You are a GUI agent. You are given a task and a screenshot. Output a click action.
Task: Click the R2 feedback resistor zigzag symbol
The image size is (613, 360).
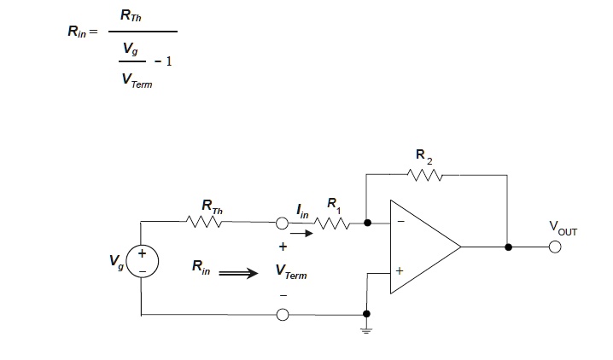[424, 175]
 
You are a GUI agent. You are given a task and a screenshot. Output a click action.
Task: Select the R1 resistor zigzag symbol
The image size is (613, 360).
[333, 224]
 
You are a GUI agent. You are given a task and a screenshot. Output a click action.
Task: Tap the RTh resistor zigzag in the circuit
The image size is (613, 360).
[205, 222]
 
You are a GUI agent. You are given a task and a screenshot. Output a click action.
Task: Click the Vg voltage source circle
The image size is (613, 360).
[142, 262]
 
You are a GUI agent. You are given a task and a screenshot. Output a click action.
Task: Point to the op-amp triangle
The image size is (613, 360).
[423, 247]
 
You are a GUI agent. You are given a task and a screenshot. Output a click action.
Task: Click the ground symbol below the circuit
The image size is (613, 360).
[367, 328]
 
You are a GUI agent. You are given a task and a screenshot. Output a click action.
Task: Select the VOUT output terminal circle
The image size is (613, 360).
[555, 247]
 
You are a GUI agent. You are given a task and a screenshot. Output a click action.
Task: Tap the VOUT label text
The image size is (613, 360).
[564, 229]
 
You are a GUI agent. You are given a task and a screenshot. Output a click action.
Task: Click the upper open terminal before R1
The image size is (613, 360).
[283, 224]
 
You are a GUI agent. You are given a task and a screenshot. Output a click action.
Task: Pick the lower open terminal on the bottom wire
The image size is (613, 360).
[283, 315]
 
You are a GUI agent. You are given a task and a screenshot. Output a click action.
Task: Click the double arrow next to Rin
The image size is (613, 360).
[238, 274]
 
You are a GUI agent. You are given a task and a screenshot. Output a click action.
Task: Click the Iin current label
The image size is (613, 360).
[301, 210]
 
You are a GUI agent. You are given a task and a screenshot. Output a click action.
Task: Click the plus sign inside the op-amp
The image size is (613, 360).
[400, 272]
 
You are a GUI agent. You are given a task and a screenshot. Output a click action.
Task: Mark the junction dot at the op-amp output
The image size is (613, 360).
[509, 247]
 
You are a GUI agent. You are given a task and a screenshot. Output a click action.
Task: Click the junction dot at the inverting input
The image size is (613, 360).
[367, 224]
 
